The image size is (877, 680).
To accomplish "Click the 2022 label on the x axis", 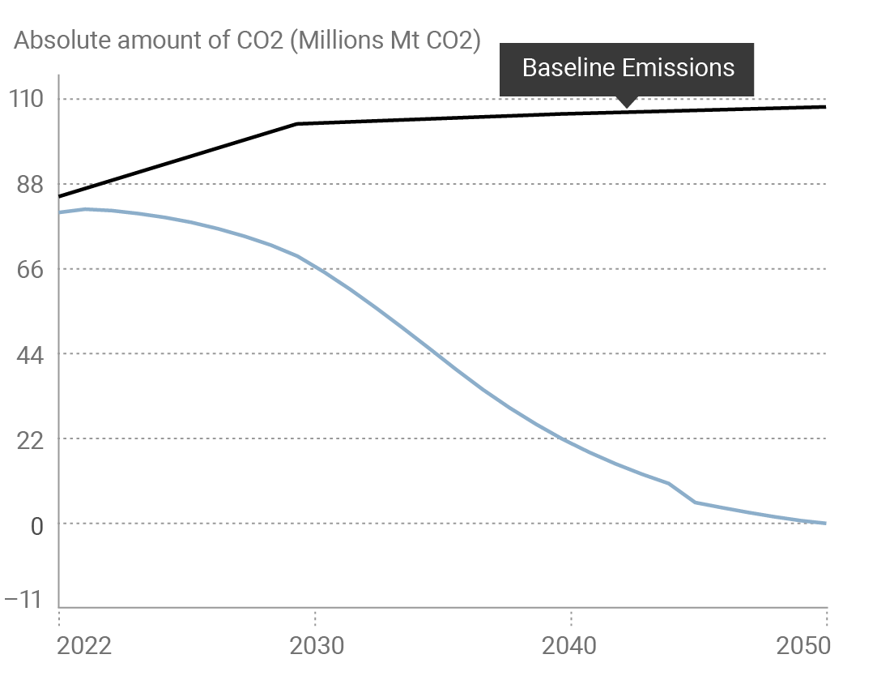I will pyautogui.click(x=84, y=646).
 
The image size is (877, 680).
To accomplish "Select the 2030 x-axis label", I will pyautogui.click(x=316, y=646).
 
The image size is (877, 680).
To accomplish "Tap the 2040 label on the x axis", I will pyautogui.click(x=571, y=646).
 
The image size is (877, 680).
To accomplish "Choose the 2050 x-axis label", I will pyautogui.click(x=802, y=646).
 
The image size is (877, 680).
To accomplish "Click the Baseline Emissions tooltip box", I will pyautogui.click(x=627, y=68).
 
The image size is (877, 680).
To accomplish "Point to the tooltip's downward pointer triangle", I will pyautogui.click(x=625, y=102).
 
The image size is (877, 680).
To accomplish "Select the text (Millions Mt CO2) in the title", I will pyautogui.click(x=385, y=41).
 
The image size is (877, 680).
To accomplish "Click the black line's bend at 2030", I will pyautogui.click(x=297, y=123).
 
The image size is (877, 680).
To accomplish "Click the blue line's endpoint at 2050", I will pyautogui.click(x=825, y=523).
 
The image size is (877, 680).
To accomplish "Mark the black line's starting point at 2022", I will pyautogui.click(x=60, y=197).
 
